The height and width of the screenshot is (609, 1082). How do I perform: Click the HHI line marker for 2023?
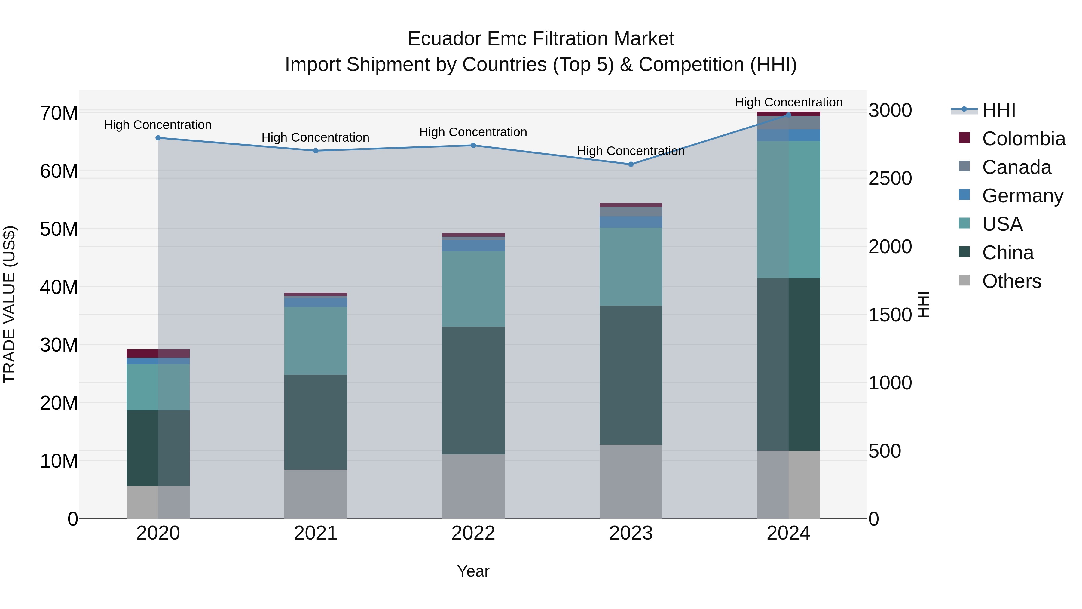pos(631,164)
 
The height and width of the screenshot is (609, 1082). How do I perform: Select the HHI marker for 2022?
pos(473,146)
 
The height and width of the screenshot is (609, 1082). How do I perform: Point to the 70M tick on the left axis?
pos(59,113)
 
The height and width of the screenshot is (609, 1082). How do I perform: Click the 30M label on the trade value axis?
pos(59,345)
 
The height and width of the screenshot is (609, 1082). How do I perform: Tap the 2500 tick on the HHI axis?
pos(890,178)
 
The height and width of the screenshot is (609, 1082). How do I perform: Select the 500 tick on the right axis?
pos(885,451)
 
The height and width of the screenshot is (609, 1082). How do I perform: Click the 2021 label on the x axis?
pos(316,533)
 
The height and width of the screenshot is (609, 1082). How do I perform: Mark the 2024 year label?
pos(788,533)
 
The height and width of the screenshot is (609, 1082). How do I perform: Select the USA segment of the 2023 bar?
pos(631,266)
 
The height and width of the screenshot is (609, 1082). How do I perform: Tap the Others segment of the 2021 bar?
pos(316,494)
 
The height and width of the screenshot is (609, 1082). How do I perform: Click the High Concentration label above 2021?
pos(316,137)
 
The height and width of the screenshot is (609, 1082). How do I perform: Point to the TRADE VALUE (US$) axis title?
pos(9,304)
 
